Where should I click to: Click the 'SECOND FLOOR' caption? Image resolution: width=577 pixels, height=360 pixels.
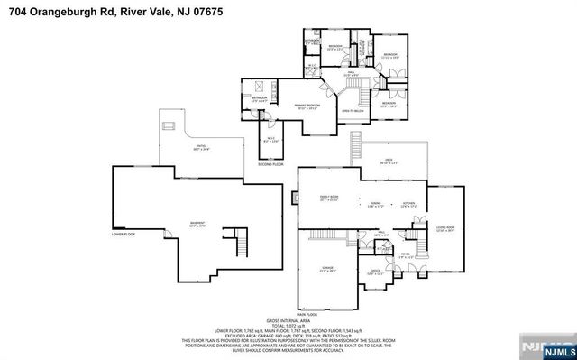click(x=270, y=164)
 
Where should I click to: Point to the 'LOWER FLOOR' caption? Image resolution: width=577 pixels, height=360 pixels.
click(x=124, y=235)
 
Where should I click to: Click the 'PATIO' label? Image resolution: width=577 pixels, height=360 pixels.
click(x=202, y=147)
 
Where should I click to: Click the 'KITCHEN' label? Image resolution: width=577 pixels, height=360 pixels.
click(x=408, y=204)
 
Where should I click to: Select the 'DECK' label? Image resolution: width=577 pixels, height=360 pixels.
click(x=387, y=161)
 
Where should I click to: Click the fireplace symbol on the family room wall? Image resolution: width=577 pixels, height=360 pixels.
click(x=298, y=197)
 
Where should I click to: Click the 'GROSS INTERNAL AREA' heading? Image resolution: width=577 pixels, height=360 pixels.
click(x=288, y=320)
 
